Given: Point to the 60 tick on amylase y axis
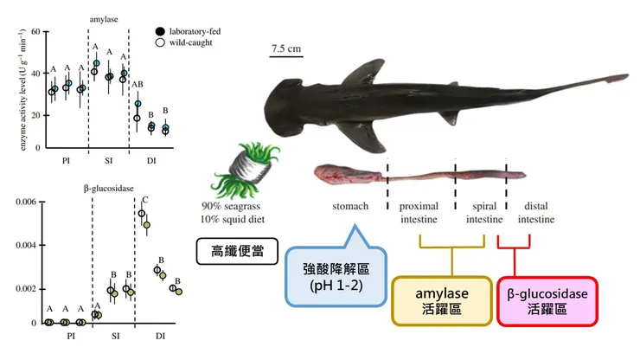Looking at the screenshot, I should tap(37, 32).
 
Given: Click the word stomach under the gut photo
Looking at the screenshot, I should tap(350, 207).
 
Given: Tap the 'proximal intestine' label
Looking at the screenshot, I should tap(419, 213).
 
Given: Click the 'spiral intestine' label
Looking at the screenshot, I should tap(483, 213).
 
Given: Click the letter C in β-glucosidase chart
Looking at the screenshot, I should tap(144, 201).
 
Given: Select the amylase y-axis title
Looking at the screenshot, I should tap(13, 88).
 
